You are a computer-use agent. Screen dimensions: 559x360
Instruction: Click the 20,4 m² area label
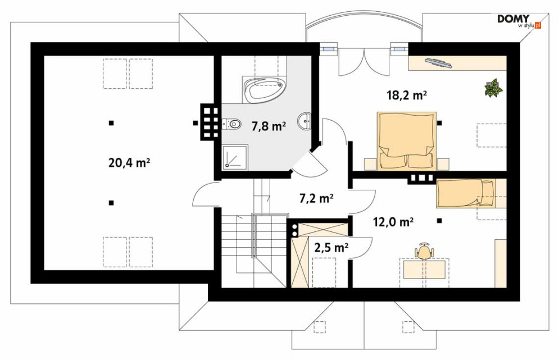point(129,163)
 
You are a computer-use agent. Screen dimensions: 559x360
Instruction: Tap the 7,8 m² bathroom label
point(269,126)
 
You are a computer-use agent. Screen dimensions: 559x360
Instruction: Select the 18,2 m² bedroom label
point(407,95)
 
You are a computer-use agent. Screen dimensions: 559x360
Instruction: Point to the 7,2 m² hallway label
point(316,198)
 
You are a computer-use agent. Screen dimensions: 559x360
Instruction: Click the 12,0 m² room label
point(393,222)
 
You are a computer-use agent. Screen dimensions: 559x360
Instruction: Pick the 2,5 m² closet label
point(331,247)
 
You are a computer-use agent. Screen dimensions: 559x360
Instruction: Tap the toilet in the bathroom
point(231,124)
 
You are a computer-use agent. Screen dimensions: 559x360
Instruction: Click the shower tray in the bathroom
point(235,157)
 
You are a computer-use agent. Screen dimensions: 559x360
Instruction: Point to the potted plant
point(493,88)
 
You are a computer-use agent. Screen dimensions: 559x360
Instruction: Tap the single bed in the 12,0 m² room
point(466,193)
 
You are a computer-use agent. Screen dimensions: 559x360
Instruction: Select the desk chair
point(424,251)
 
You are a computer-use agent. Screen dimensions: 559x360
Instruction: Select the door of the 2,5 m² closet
point(360,248)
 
